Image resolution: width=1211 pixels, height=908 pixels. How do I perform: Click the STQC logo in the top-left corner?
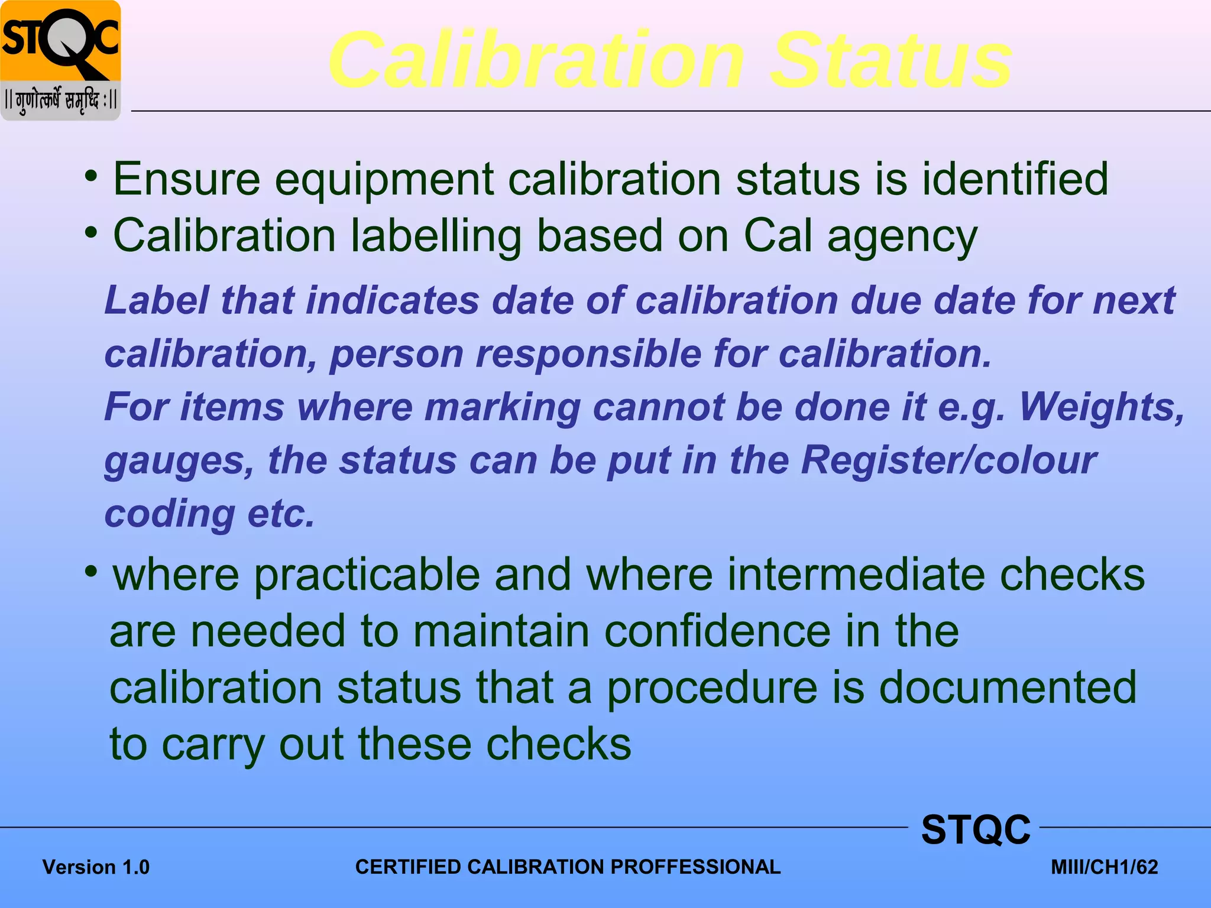61,60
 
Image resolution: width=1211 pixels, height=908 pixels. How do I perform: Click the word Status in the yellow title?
892,61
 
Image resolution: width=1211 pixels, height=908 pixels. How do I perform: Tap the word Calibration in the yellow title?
536,61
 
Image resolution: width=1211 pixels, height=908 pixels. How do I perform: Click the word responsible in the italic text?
588,354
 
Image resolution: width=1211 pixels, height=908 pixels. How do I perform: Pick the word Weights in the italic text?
1102,407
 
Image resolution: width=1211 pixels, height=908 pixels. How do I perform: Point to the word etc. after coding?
281,514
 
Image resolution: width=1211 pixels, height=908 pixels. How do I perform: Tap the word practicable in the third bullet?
367,575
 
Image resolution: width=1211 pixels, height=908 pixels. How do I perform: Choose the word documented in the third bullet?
1008,687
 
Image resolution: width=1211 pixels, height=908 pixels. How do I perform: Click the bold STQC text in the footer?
976,829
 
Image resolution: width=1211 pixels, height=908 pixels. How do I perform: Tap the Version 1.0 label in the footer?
96,867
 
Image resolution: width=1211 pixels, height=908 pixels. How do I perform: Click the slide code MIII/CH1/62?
1104,867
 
